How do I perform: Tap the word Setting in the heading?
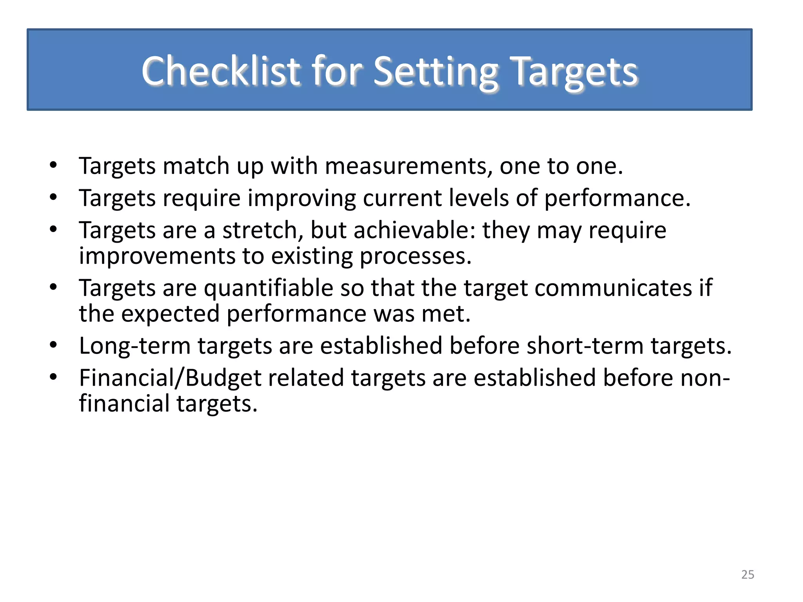[x=435, y=71]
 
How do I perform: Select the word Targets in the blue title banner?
[x=575, y=71]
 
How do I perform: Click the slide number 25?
[x=748, y=575]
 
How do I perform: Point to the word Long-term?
[x=135, y=346]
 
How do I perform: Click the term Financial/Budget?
[x=170, y=378]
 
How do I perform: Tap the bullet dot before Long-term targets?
[x=54, y=345]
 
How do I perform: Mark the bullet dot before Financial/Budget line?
[x=54, y=377]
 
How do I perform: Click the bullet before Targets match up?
[x=54, y=165]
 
